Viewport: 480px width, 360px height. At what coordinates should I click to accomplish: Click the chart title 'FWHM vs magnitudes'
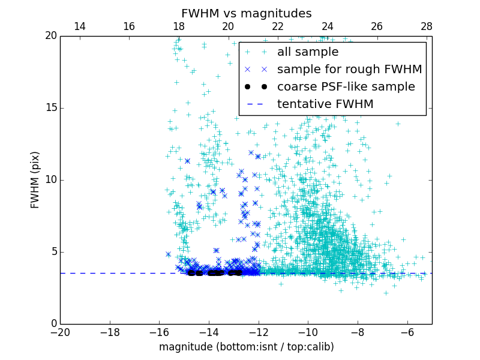(246, 13)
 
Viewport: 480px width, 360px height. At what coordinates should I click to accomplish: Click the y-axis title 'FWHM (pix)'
(35, 179)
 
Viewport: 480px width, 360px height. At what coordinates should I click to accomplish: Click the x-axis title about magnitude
(246, 347)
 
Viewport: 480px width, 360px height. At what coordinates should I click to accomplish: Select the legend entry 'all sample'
(307, 52)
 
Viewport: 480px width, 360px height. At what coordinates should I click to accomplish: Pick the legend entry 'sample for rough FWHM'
(349, 70)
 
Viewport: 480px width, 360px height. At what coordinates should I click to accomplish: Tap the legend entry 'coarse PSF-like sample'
(346, 87)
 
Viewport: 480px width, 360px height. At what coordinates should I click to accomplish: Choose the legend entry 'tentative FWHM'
(325, 104)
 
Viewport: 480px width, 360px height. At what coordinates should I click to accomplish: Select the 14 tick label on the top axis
(79, 26)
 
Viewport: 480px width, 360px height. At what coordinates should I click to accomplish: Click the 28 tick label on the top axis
(427, 26)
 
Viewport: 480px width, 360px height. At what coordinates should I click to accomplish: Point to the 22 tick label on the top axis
(278, 26)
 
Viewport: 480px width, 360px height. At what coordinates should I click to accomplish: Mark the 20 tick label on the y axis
(50, 36)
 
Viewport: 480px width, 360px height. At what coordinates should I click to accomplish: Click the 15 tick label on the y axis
(50, 108)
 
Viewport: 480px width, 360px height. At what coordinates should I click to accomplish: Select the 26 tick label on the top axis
(377, 26)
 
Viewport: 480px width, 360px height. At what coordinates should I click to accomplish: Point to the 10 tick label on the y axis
(50, 180)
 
